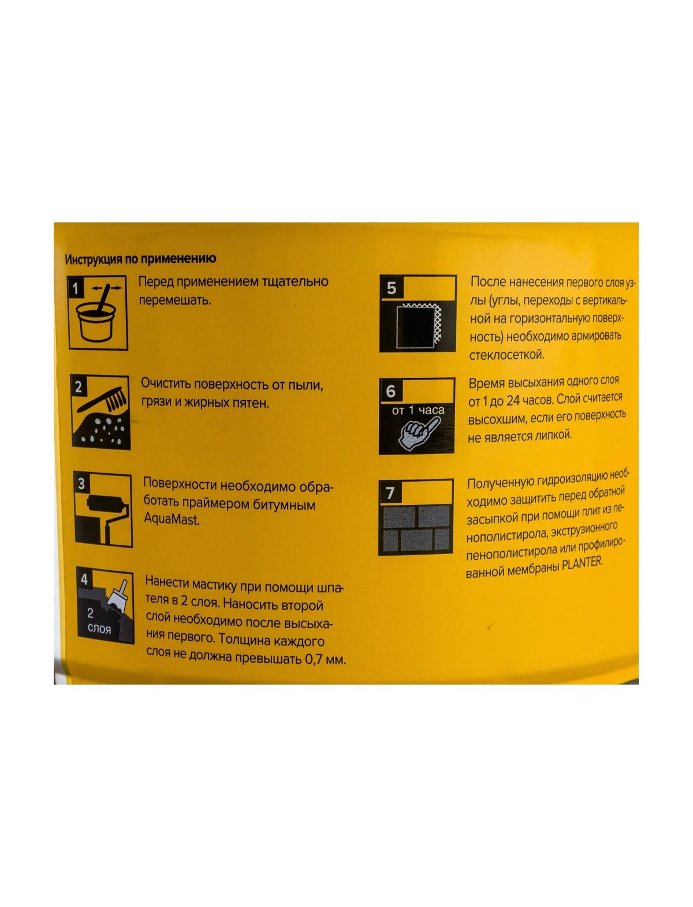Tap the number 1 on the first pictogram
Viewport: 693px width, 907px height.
75,288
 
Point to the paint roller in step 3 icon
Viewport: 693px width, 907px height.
108,511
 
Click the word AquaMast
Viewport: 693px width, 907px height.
172,519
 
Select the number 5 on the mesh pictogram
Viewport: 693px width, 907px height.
392,288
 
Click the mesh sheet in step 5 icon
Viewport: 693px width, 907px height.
419,326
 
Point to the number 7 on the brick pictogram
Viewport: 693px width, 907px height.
390,493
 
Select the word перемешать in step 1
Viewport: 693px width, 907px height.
175,300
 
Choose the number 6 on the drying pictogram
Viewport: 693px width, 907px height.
391,391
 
